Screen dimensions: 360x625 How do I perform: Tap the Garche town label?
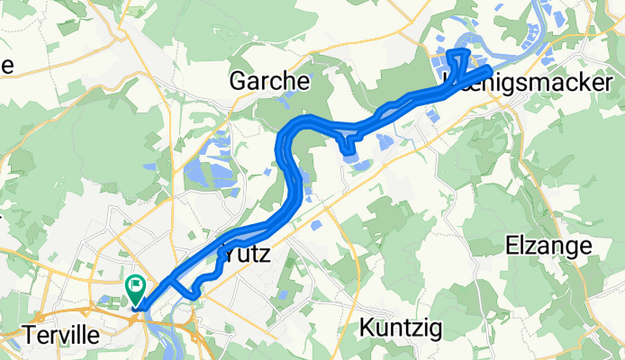coord(269,81)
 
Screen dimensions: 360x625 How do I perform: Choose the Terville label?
coord(62,329)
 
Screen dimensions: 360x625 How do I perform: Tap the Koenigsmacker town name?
coord(522,83)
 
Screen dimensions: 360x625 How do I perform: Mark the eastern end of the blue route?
coord(488,70)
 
